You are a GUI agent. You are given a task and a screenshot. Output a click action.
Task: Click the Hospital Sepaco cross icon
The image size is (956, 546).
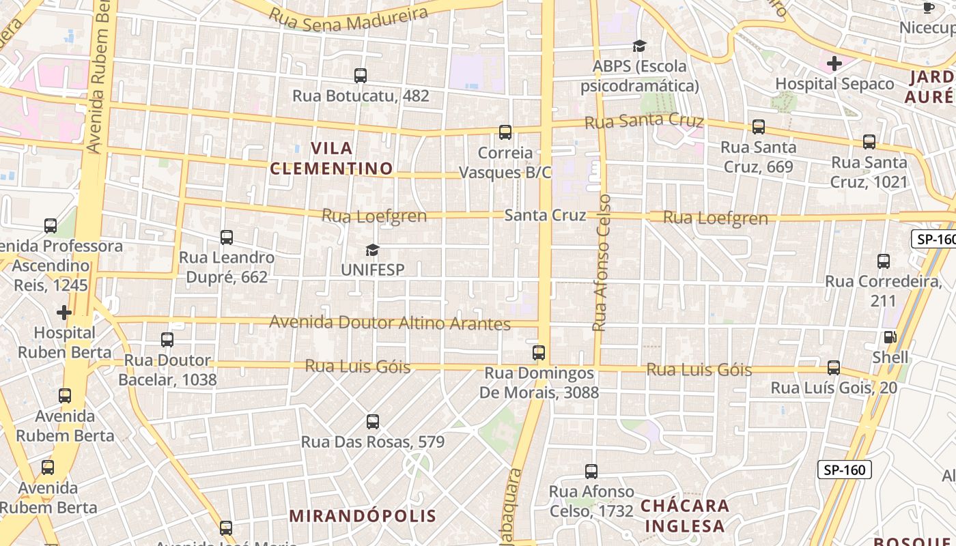click(x=834, y=63)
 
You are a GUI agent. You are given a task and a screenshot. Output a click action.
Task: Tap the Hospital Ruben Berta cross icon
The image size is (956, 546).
click(x=64, y=313)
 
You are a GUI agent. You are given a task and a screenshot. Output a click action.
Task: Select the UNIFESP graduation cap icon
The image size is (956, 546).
click(x=372, y=250)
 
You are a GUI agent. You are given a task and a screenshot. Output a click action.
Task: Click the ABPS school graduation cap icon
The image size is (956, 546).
click(x=639, y=46)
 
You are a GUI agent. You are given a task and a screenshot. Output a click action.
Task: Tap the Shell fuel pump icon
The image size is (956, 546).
click(x=890, y=337)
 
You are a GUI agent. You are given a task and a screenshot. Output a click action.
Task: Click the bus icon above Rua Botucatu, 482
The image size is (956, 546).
click(x=361, y=76)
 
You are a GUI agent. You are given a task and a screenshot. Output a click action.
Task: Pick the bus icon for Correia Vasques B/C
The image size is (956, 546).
click(x=505, y=132)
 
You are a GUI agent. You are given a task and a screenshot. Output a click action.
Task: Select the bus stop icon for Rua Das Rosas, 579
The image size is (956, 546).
click(x=373, y=422)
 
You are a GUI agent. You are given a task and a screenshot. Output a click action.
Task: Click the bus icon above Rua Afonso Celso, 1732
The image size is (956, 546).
click(x=591, y=472)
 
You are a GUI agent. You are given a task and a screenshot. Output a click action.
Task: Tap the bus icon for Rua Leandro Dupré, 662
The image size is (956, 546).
click(x=227, y=238)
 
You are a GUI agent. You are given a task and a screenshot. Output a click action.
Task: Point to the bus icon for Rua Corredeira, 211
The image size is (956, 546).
click(x=884, y=261)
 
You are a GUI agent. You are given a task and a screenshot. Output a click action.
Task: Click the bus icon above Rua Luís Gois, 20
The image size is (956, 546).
click(x=834, y=368)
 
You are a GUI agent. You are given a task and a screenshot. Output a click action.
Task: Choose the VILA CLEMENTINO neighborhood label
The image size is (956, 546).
click(x=332, y=158)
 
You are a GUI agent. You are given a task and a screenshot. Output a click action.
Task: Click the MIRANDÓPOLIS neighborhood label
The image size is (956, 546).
click(x=363, y=516)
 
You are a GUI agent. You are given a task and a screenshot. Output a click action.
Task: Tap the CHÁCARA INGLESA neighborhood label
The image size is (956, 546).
click(x=685, y=516)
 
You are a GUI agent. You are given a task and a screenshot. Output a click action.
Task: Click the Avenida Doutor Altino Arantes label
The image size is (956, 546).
click(x=390, y=322)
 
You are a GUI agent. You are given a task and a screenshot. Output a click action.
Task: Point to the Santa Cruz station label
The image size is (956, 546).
click(x=545, y=216)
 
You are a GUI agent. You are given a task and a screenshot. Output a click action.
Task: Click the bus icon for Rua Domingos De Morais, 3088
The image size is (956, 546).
click(x=539, y=353)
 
